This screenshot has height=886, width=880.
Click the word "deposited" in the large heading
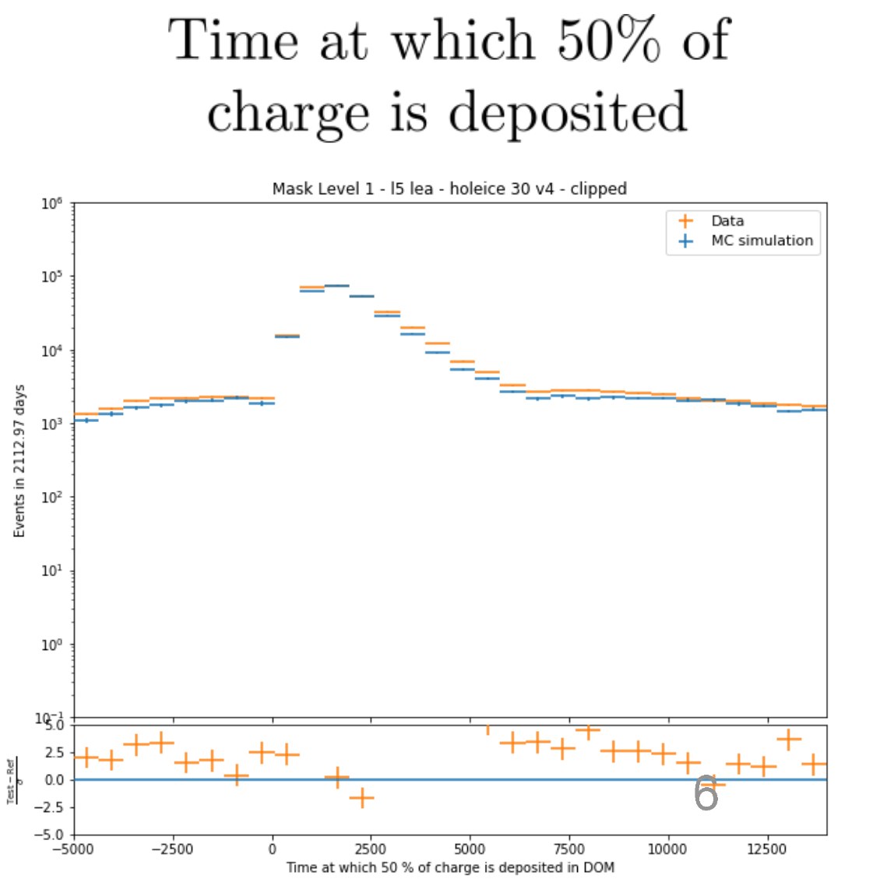point(568,113)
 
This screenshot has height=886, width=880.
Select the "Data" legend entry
point(727,221)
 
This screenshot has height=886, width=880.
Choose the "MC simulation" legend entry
point(762,241)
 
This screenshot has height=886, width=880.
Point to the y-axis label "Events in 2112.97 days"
point(20,461)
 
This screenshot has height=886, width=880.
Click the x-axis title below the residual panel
point(450,867)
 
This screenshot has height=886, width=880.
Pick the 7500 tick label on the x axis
point(569,849)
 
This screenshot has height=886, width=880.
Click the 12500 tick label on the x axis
point(767,849)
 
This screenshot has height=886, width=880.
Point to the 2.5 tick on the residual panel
point(55,753)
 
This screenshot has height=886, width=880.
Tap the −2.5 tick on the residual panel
point(51,807)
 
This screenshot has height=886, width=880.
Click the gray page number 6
point(706,793)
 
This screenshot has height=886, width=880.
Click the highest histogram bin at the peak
point(336,286)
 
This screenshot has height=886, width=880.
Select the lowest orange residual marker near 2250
point(361,798)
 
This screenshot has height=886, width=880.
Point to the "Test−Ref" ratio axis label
point(12,780)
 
